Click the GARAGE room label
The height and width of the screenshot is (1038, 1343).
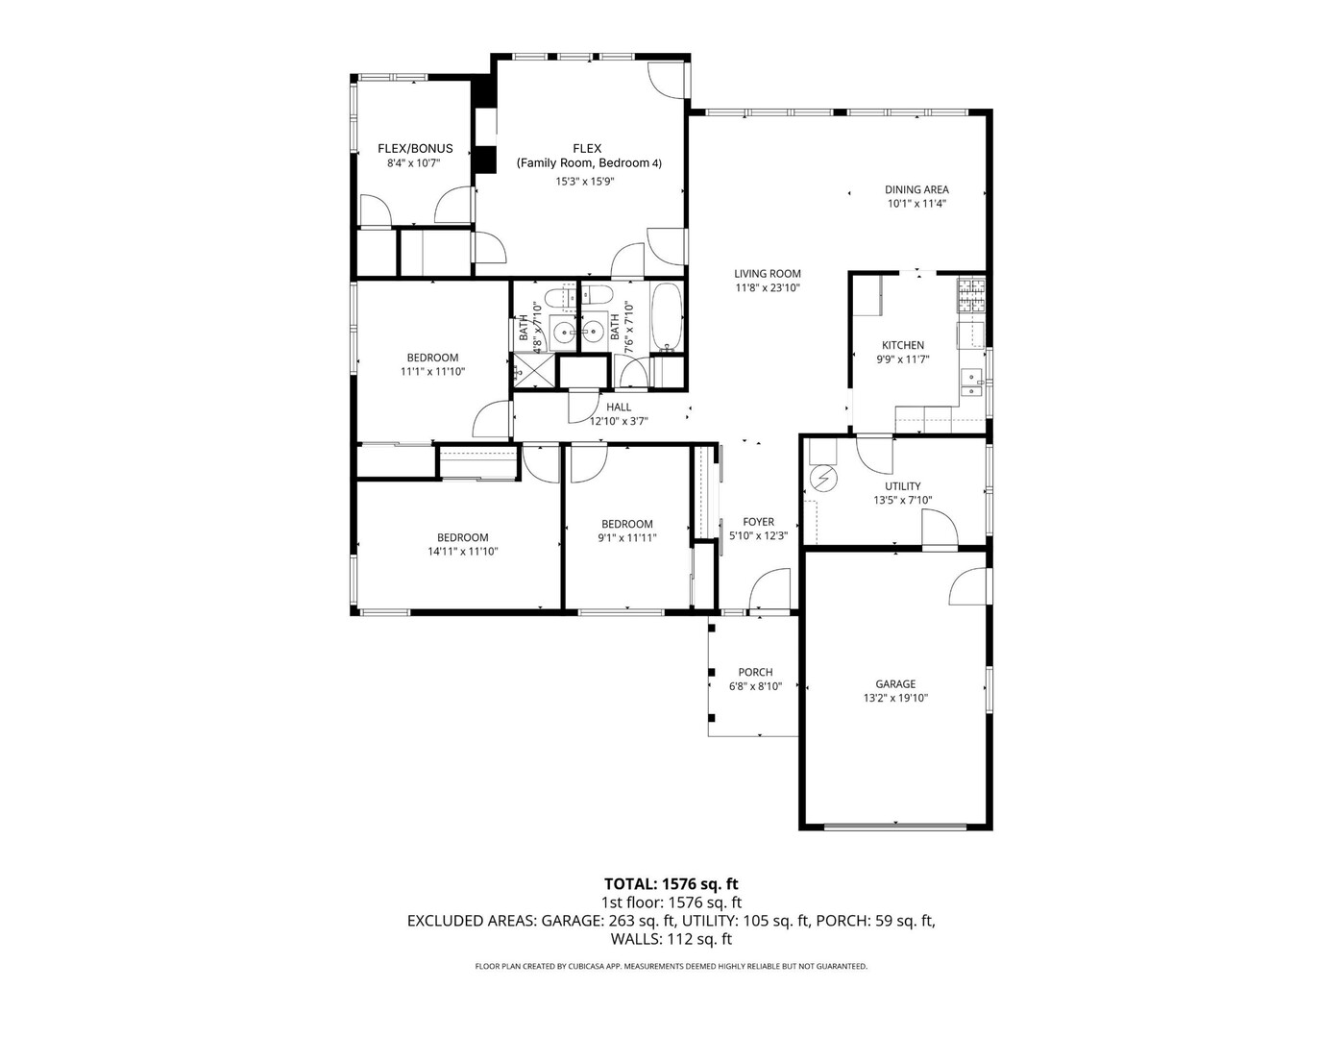(894, 684)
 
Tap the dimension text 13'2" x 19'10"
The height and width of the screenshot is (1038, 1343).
(894, 699)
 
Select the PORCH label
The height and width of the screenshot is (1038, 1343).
(755, 672)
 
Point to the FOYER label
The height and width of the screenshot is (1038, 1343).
(758, 522)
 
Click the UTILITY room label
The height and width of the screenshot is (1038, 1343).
(902, 486)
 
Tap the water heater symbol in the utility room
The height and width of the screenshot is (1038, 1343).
(823, 477)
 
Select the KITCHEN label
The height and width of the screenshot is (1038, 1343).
(902, 345)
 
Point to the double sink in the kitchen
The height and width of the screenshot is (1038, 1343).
(972, 383)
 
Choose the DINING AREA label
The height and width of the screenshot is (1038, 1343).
(916, 189)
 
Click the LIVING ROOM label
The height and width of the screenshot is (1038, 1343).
(768, 274)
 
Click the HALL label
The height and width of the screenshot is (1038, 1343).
(619, 408)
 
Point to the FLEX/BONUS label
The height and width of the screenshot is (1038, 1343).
(414, 149)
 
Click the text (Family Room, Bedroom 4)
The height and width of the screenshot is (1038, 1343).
(588, 163)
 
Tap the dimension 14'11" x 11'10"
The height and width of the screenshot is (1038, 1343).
(462, 552)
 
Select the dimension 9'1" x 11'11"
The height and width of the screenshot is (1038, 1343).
(626, 538)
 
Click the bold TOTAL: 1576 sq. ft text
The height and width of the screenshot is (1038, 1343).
(671, 883)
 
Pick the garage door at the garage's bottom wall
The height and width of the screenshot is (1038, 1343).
(895, 826)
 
